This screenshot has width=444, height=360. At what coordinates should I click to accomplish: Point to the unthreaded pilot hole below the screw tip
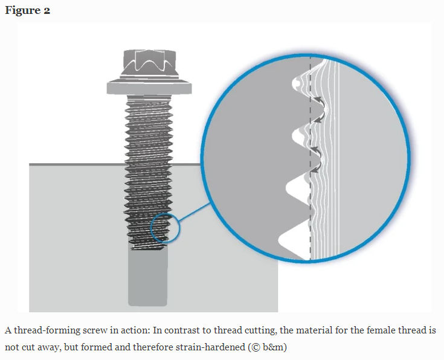148,278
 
